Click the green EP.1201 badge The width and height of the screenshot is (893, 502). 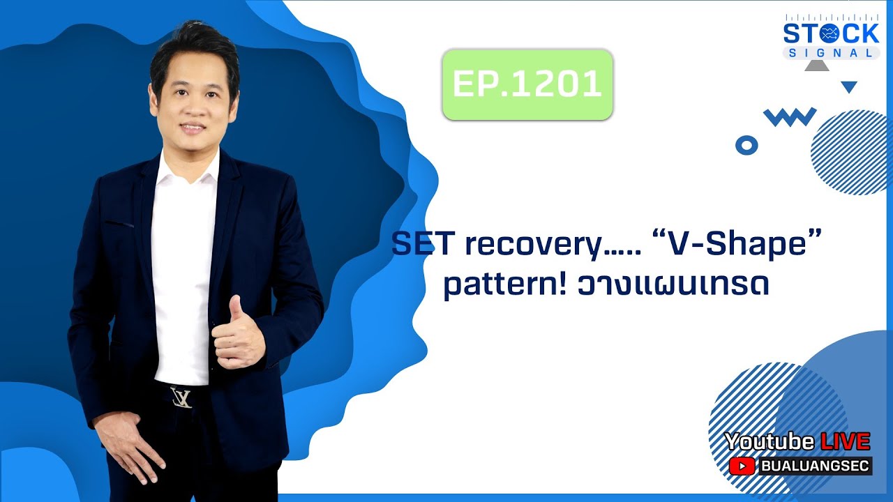[x=527, y=84]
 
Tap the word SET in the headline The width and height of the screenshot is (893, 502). [x=422, y=245]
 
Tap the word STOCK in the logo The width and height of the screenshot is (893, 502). [x=831, y=33]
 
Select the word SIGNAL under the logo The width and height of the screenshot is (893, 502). [x=831, y=53]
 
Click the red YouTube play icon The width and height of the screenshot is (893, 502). [x=742, y=466]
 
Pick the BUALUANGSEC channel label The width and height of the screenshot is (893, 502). [x=814, y=466]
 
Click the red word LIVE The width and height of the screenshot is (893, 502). [x=845, y=441]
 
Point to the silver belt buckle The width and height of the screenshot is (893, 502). [x=182, y=397]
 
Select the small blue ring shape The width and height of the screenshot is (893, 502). [x=746, y=145]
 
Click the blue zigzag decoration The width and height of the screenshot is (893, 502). [x=790, y=116]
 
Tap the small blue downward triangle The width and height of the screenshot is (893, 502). [x=848, y=87]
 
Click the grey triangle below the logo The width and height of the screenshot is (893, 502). [x=816, y=66]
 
